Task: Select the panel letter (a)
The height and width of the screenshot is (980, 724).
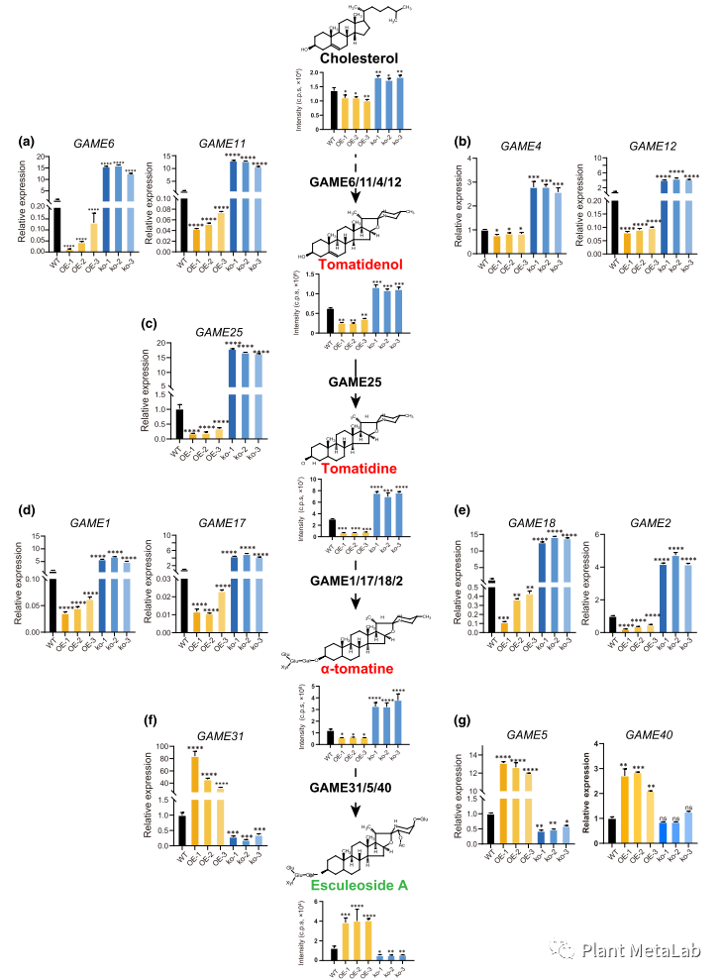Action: click(x=29, y=142)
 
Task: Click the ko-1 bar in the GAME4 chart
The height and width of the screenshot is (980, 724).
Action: click(x=533, y=224)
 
